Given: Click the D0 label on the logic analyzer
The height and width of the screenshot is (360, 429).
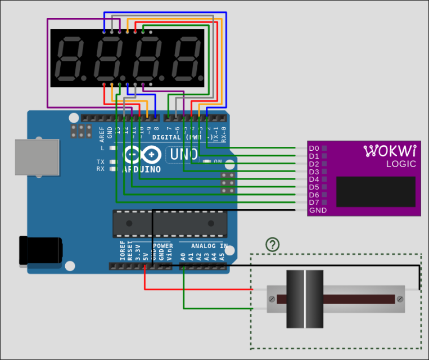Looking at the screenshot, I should point(314,148).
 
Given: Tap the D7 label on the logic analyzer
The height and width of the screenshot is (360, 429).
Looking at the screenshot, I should point(314,202).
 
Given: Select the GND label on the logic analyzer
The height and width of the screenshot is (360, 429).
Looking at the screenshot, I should point(317,210).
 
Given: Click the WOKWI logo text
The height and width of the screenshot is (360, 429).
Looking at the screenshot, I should point(390,151).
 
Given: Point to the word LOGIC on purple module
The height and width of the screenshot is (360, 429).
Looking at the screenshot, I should point(401,164).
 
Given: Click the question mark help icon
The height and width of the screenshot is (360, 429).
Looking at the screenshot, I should point(273,244).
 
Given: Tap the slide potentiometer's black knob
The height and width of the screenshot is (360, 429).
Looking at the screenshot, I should point(305,299).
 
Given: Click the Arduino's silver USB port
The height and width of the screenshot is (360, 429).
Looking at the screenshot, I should point(35,156).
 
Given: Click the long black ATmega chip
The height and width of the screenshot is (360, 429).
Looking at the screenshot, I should point(169,223).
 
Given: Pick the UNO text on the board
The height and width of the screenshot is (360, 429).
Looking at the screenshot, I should point(181,154).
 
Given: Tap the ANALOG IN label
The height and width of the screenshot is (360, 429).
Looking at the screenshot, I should point(209,246).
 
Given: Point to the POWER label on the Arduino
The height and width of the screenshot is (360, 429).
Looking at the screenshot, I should point(163,246).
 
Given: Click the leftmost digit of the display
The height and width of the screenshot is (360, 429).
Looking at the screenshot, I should point(70,58).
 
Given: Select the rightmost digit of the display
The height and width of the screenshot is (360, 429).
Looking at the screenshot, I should point(186,58).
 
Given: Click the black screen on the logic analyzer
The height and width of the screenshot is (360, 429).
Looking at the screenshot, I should point(376,191).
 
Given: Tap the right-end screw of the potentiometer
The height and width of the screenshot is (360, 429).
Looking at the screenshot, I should point(400,298).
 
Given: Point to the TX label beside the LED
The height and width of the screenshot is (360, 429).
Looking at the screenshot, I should point(100,161).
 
